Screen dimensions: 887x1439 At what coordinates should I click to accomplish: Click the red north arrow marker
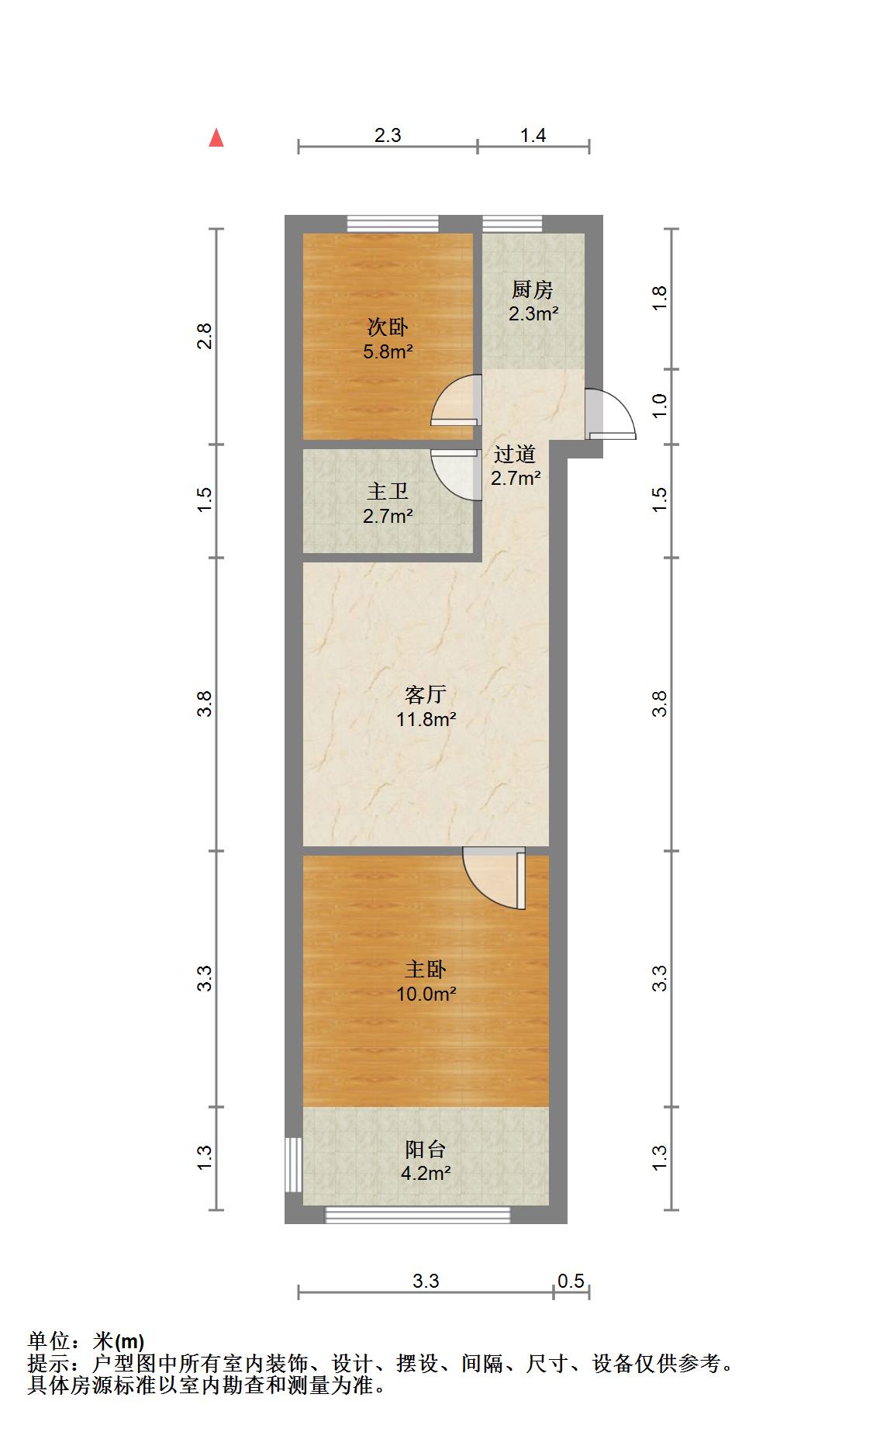click(x=216, y=138)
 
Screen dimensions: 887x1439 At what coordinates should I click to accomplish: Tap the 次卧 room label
click(x=388, y=327)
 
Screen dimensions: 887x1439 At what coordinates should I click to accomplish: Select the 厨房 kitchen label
click(x=533, y=290)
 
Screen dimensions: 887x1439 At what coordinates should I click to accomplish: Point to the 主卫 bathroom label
click(x=388, y=492)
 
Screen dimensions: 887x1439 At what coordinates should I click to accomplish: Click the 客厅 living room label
click(x=426, y=694)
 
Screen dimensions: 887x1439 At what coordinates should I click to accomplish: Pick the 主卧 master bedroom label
click(x=426, y=970)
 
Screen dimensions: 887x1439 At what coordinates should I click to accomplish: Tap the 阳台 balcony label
click(x=426, y=1150)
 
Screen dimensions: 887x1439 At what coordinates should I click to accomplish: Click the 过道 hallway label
click(x=515, y=454)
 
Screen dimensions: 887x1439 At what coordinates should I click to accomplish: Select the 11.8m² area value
click(x=426, y=719)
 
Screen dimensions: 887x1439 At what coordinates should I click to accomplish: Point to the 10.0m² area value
click(x=426, y=994)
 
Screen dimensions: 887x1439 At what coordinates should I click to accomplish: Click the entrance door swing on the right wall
click(x=611, y=413)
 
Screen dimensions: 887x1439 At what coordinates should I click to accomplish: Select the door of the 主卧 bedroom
click(x=495, y=878)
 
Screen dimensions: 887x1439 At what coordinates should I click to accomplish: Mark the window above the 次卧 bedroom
click(x=392, y=223)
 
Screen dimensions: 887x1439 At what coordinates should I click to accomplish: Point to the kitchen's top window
click(x=513, y=223)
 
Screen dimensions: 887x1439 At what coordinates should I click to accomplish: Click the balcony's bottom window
click(x=418, y=1215)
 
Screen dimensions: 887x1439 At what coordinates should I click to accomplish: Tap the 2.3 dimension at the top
click(x=388, y=136)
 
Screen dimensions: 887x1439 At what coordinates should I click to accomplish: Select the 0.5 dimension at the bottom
click(x=571, y=1281)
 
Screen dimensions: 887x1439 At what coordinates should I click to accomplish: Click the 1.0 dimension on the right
click(x=659, y=406)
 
